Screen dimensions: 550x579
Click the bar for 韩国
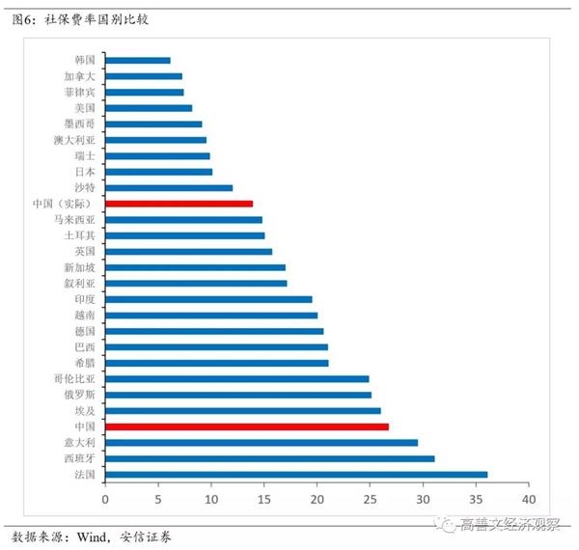(x=137, y=60)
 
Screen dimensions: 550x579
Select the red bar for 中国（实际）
(x=179, y=204)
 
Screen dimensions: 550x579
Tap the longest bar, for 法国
(x=296, y=474)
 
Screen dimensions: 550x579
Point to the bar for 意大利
(x=262, y=442)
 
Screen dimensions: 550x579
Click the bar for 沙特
(x=169, y=187)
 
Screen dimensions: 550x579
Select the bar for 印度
(x=208, y=299)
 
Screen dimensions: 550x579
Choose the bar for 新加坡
(x=195, y=267)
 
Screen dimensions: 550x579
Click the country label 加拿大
(x=79, y=76)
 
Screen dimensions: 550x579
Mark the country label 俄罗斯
(x=79, y=395)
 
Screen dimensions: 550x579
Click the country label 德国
(x=84, y=331)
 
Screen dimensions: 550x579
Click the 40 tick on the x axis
(x=528, y=500)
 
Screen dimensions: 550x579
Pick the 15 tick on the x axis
(x=263, y=500)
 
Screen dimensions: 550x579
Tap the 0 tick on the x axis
(x=105, y=500)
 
